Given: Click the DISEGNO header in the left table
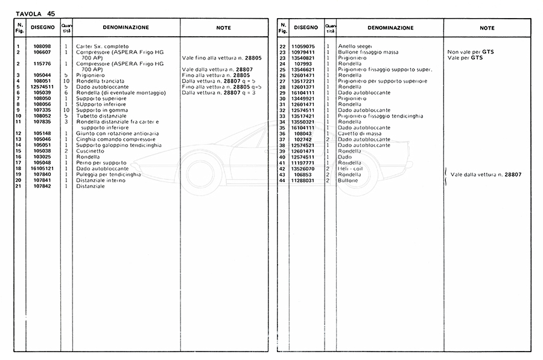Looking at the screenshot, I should tap(43, 28).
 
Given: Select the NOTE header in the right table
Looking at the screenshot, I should tap(487, 28).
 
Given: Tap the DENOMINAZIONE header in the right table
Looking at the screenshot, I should tap(390, 28).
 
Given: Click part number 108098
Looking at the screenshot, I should tap(43, 46).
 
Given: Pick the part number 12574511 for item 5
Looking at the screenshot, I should tap(43, 87).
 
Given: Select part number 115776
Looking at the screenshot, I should tap(43, 63).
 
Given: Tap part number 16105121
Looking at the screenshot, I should tap(43, 168).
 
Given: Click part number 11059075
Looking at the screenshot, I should tap(304, 46).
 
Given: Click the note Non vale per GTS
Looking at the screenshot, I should tap(471, 52).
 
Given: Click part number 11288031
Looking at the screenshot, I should tap(304, 180).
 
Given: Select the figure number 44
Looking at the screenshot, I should tap(282, 180).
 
